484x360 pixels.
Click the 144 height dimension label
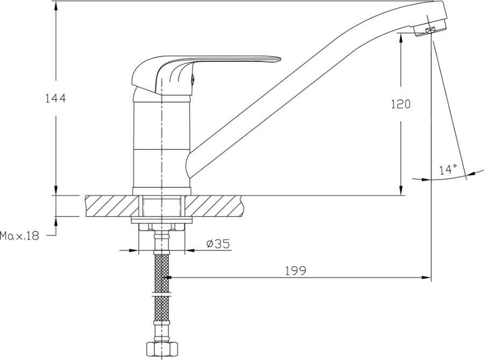point(55,99)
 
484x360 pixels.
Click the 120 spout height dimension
point(401,104)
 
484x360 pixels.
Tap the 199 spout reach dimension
point(295,271)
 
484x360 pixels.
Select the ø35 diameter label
point(218,244)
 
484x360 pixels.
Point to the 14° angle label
point(448,169)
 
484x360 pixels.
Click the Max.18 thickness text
point(20,236)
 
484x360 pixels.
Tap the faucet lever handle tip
point(279,59)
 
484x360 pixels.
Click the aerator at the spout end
point(430,30)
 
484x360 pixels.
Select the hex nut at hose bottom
point(161,349)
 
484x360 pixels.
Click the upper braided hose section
point(161,272)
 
